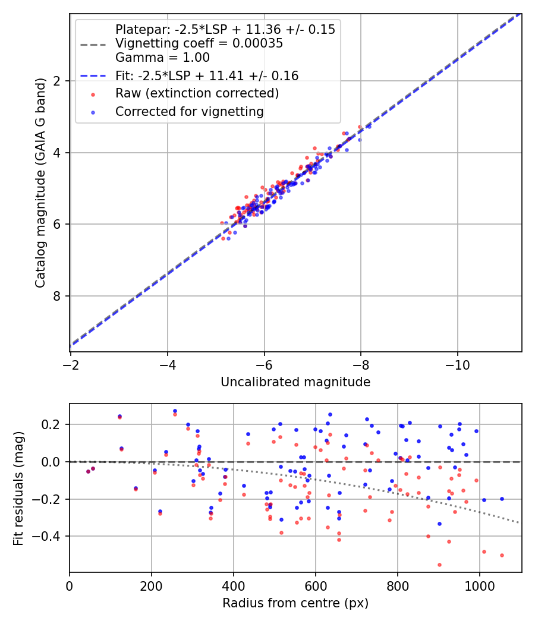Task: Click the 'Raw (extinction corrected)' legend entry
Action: (197, 93)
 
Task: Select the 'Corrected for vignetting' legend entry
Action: (189, 111)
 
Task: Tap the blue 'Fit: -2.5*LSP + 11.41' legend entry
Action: (207, 75)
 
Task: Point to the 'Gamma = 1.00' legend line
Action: (162, 58)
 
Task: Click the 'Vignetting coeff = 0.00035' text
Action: (199, 43)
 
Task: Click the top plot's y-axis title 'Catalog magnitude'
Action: (40, 181)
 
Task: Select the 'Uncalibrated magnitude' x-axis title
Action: (295, 382)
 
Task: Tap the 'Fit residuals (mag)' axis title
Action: (18, 488)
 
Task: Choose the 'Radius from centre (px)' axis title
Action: (295, 603)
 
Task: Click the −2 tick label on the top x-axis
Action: (71, 363)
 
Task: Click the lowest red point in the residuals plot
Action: (439, 565)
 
